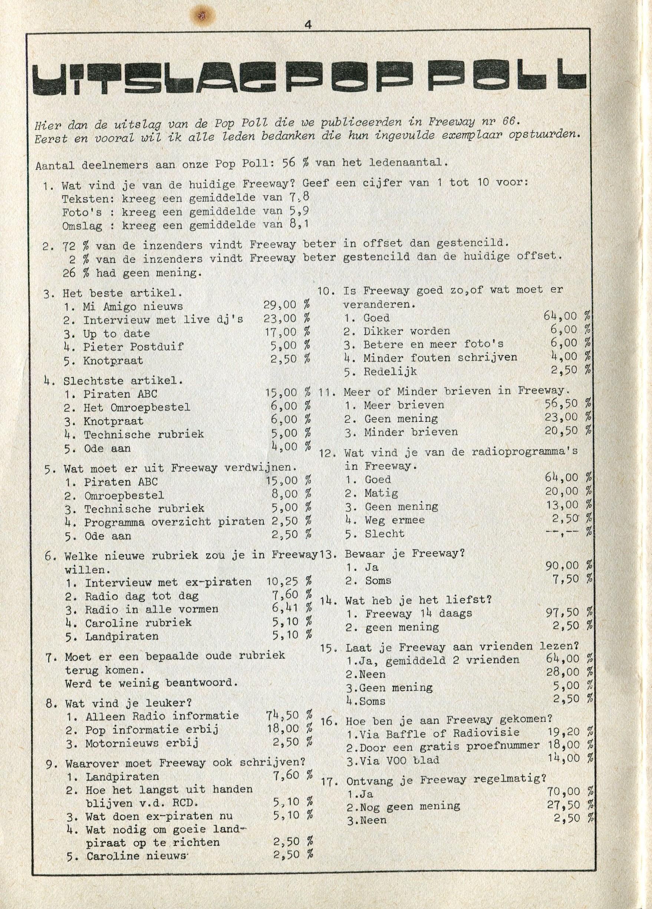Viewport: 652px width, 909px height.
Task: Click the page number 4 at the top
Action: [x=307, y=25]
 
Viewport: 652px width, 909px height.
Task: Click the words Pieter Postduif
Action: [x=134, y=347]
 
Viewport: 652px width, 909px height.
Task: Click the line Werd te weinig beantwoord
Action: [x=151, y=683]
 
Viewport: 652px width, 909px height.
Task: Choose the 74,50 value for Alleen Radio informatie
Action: [x=282, y=715]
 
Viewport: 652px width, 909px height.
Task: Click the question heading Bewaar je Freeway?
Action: [x=405, y=554]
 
